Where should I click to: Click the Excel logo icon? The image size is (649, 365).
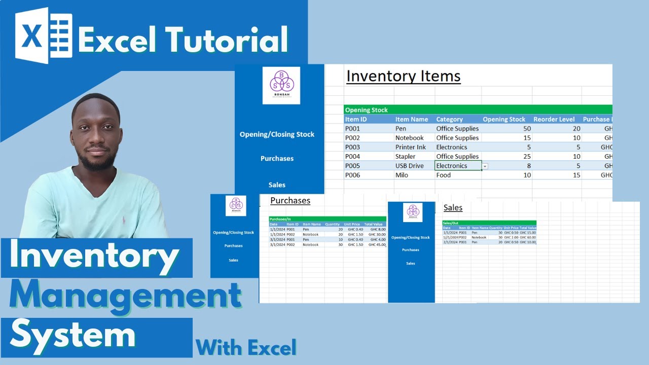tap(43, 35)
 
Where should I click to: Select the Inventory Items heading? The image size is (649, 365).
tap(403, 76)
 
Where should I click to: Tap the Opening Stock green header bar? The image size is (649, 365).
tap(366, 109)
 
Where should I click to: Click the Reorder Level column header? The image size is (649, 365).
tap(554, 119)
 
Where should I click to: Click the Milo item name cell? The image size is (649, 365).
tap(402, 175)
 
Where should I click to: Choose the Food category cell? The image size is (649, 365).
tap(444, 175)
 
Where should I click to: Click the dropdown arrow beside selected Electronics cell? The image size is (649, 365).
tap(485, 166)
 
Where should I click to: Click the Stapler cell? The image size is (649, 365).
tap(405, 157)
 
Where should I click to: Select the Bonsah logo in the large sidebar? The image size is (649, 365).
tap(281, 85)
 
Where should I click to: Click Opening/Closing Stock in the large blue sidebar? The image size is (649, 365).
tap(277, 134)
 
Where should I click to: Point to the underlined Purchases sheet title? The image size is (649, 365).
tap(290, 200)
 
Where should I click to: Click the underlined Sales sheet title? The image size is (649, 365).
tap(453, 207)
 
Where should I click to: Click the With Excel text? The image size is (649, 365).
tap(246, 348)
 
